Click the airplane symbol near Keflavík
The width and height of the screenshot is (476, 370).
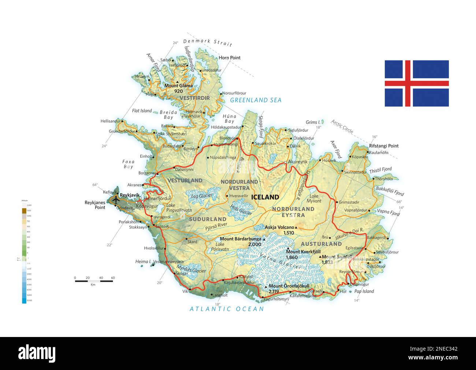coord(116,200)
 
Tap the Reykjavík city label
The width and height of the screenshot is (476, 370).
coord(130,194)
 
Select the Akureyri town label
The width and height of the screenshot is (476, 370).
coord(298,161)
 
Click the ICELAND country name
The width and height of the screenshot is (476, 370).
coord(265,197)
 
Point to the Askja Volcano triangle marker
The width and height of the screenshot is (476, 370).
coord(296,228)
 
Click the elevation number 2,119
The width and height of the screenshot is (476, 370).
coord(274,292)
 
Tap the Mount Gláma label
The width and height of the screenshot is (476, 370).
coord(178,86)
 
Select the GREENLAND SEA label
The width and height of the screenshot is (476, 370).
coord(256,100)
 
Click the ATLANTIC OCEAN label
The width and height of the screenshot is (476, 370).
coord(227,309)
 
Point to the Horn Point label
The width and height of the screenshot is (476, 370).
coord(230,58)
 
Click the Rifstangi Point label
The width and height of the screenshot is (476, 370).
coord(384,146)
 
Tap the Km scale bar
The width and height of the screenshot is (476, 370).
coord(94,281)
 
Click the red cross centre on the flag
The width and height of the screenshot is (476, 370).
coord(408,83)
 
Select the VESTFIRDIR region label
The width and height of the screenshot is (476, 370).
coord(195,98)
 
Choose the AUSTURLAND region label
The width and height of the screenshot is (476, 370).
coord(321,244)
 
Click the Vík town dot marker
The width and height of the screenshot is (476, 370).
coord(190,289)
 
